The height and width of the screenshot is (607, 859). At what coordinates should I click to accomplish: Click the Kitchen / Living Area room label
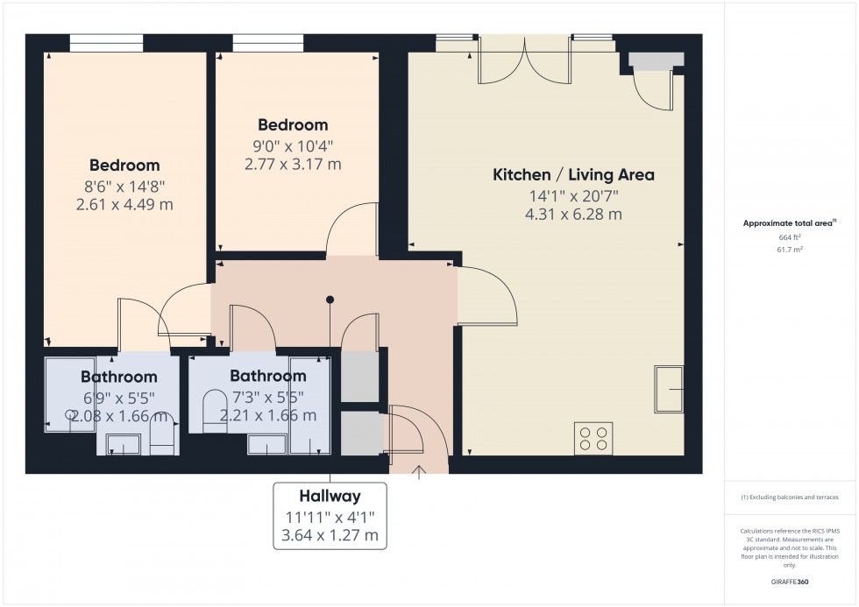573,174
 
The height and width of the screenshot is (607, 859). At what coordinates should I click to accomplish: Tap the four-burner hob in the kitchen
593,437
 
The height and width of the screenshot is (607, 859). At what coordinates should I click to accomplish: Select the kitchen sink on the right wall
670,389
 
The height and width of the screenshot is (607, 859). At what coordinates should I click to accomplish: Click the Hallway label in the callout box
329,496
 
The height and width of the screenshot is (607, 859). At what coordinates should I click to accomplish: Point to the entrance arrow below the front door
419,473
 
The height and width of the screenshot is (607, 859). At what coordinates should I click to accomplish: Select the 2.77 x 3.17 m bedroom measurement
293,163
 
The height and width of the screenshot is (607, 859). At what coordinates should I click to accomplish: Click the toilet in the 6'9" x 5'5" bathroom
162,435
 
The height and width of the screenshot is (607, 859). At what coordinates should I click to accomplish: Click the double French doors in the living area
524,60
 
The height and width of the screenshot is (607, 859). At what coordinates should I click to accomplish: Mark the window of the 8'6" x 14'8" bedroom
106,43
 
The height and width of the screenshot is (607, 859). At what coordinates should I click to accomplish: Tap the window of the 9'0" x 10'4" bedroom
268,43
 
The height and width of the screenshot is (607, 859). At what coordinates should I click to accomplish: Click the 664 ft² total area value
773,236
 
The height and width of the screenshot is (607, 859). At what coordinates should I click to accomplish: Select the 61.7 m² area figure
773,250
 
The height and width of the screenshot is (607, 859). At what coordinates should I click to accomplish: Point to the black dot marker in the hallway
330,300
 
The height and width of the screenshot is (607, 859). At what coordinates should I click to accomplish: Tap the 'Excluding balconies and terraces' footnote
790,497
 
